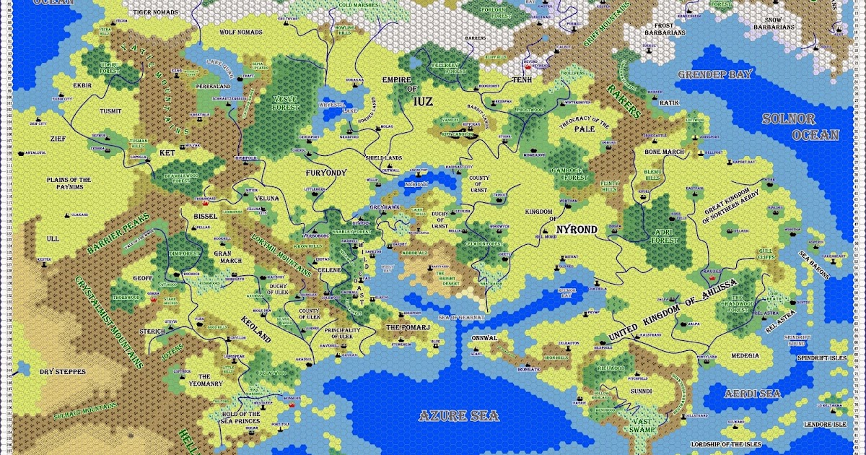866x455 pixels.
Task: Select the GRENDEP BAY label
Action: click(714, 74)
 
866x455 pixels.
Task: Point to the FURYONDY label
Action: click(326, 173)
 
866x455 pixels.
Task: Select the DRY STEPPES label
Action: click(62, 372)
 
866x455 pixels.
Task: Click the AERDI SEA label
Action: click(753, 392)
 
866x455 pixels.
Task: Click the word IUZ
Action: click(422, 102)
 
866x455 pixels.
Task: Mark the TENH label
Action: click(521, 80)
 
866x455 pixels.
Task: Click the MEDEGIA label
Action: click(745, 355)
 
